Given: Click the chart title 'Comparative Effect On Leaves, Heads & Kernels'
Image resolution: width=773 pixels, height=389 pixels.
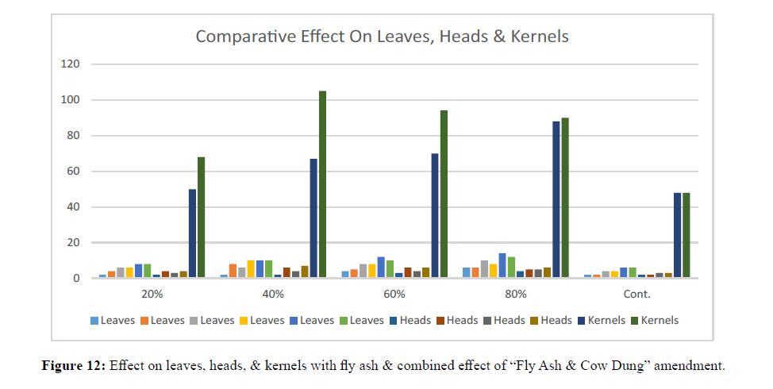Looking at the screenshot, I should [383, 37].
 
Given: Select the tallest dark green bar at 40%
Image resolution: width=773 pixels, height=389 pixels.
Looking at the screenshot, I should [322, 184].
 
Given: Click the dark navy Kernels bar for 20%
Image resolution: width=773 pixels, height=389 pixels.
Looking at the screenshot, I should [192, 233].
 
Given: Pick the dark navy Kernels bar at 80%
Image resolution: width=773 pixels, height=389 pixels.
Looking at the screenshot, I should [556, 199].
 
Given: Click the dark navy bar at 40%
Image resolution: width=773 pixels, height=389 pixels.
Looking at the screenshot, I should [313, 218].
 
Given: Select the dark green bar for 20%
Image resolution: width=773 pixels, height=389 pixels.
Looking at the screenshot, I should [202, 218].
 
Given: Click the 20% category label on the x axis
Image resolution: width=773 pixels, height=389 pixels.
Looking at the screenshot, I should [152, 295].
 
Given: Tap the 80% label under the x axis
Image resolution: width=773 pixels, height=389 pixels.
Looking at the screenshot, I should [516, 295].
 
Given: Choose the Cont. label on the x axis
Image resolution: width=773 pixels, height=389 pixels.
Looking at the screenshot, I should [636, 295].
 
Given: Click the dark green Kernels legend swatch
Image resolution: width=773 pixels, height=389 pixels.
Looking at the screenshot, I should [634, 321].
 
